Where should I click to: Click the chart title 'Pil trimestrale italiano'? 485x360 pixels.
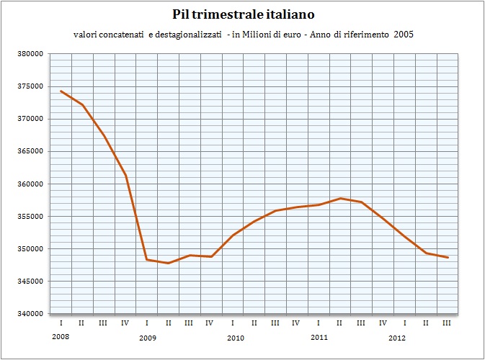click(243, 14)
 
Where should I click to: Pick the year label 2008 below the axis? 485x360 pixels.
click(61, 336)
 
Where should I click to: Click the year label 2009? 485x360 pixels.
click(148, 338)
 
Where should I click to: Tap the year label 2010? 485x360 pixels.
click(236, 338)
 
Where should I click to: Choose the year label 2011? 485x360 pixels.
click(319, 337)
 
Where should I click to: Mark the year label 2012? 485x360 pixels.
click(397, 338)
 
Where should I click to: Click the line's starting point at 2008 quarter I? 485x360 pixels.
click(61, 91)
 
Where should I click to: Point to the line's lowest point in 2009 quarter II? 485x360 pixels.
click(168, 263)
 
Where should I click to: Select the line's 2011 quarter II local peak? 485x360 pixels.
click(340, 199)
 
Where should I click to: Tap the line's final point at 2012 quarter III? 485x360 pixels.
click(448, 258)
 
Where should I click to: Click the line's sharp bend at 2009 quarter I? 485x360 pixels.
click(147, 260)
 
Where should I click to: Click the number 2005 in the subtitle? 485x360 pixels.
click(404, 35)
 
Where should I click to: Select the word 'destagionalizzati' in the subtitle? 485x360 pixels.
click(188, 35)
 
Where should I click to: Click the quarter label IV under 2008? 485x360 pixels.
click(125, 323)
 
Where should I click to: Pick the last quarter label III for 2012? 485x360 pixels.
click(447, 323)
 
